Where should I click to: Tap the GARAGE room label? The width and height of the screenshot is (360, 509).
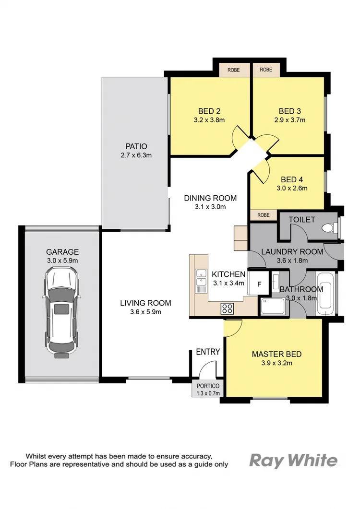(62, 252)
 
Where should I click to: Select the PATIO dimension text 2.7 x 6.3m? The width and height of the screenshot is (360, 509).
(136, 155)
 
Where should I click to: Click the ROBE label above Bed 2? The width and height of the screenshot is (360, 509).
(233, 70)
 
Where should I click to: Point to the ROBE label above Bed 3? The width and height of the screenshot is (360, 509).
(266, 70)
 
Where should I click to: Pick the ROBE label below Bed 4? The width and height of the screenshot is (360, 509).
(264, 215)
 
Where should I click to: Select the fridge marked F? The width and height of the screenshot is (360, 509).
(259, 284)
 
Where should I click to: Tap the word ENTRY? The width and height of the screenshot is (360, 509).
(208, 352)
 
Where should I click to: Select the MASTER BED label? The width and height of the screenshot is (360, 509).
(276, 355)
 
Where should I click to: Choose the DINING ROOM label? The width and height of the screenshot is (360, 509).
(211, 198)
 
